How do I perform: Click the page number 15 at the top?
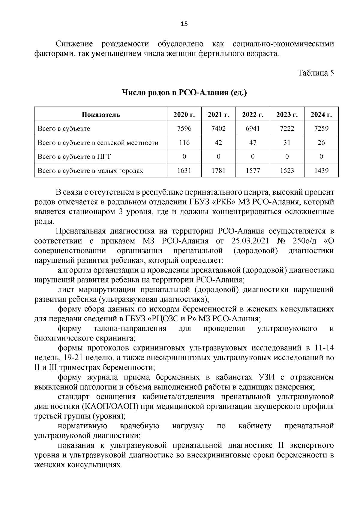(x=184, y=24)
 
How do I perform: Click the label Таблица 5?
(x=315, y=73)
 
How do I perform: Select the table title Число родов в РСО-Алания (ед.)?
(x=184, y=92)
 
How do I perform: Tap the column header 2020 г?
(x=184, y=115)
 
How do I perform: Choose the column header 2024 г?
(x=321, y=115)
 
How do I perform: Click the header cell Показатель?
(x=101, y=115)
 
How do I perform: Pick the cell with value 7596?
(x=184, y=129)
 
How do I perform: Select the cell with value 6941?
(x=253, y=129)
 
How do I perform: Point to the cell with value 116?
(x=184, y=143)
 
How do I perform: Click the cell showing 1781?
(x=218, y=171)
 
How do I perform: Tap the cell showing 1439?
(x=321, y=171)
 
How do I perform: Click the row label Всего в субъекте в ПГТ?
(x=74, y=157)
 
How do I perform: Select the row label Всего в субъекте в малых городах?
(x=90, y=171)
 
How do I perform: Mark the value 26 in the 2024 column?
(x=321, y=143)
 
